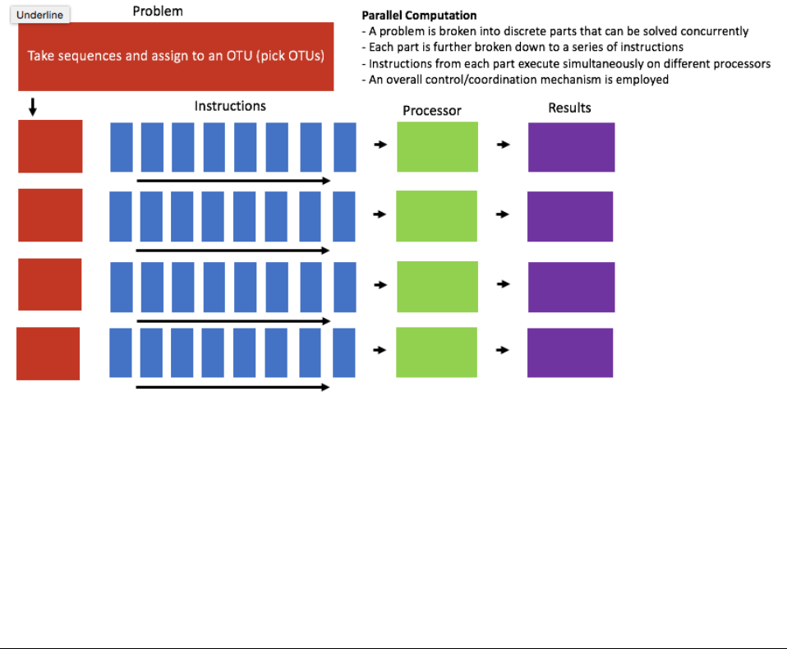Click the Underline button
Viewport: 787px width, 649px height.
tap(39, 15)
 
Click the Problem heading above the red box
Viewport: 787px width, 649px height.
tap(158, 12)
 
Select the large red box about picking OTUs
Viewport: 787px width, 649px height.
tap(176, 56)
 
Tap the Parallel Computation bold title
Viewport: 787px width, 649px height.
tap(419, 16)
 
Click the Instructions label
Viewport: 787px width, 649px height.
tap(230, 106)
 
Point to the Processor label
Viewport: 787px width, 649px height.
tap(432, 110)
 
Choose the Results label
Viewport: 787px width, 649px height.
tap(569, 108)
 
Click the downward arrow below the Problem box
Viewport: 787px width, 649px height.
tap(33, 107)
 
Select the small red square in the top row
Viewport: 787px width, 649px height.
tap(50, 146)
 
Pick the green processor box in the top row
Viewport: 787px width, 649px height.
tap(437, 147)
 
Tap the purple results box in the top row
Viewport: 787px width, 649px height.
tap(571, 147)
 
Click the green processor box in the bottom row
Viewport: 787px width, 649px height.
tap(436, 352)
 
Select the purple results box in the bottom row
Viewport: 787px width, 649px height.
tap(570, 352)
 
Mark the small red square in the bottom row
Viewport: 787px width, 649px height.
tap(48, 353)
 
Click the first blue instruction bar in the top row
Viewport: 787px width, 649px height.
tap(121, 147)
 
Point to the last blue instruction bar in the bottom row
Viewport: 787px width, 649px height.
tap(344, 353)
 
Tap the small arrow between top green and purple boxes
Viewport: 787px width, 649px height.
tap(504, 145)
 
